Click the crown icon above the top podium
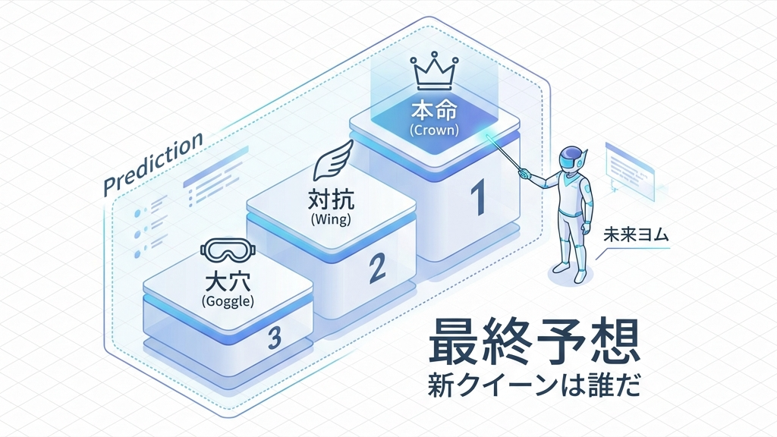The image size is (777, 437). [433, 73]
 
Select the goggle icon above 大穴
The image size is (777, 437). [228, 250]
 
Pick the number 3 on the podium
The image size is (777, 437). [275, 338]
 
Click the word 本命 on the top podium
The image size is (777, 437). [433, 111]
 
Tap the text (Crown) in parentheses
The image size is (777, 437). [433, 130]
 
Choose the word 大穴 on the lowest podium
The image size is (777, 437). [228, 282]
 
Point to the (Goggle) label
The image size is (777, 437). [228, 300]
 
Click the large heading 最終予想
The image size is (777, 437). [534, 344]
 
